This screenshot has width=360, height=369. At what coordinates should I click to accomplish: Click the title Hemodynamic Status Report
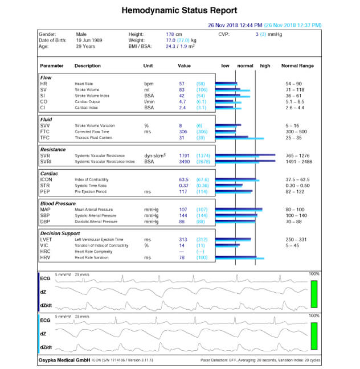pos(179,11)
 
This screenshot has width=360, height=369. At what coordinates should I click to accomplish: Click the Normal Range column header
pos(297,66)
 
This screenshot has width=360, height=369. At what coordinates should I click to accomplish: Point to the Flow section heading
pos(46,77)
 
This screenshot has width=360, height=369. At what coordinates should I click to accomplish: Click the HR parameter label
pos(43,84)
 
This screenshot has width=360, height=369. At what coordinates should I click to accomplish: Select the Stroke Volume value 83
pos(182,90)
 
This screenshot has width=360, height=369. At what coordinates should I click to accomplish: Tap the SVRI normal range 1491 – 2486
pos(297,162)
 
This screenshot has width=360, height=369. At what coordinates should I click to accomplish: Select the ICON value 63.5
pos(183,179)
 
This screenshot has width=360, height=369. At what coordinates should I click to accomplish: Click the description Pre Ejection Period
pos(91,192)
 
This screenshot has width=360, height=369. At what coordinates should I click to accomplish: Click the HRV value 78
pos(182,257)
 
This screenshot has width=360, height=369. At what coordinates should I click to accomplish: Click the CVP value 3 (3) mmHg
pos(268,34)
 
